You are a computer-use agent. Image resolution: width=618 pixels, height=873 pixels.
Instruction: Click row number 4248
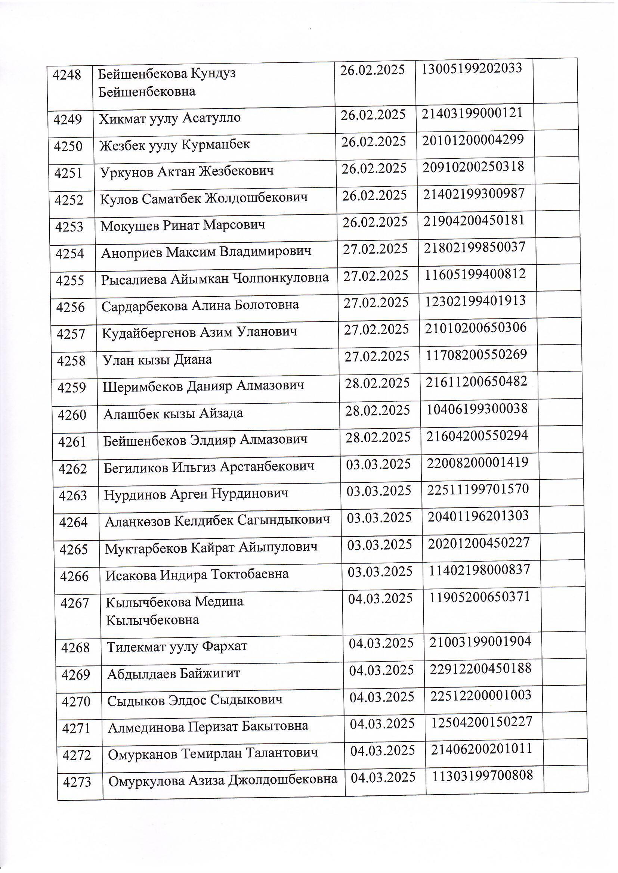67,75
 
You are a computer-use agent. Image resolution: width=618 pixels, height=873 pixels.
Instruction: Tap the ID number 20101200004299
473,140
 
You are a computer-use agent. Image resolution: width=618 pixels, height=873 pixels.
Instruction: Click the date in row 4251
374,168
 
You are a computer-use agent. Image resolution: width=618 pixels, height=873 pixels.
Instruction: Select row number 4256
70,307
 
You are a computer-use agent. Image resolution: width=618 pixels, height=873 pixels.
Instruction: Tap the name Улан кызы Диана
157,359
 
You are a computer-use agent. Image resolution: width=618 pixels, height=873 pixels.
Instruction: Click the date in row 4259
377,383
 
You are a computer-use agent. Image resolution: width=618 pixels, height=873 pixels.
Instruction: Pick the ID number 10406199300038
477,409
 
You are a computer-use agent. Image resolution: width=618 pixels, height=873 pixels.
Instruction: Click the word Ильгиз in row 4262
189,466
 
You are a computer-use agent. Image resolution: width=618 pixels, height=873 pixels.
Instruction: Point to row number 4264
73,522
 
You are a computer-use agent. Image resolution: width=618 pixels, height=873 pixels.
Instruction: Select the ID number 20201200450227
479,543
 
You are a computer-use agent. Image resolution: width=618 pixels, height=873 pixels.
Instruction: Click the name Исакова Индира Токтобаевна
197,574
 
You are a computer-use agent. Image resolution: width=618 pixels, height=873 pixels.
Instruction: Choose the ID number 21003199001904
480,642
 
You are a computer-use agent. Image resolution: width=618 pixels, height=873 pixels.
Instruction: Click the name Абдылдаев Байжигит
173,674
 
